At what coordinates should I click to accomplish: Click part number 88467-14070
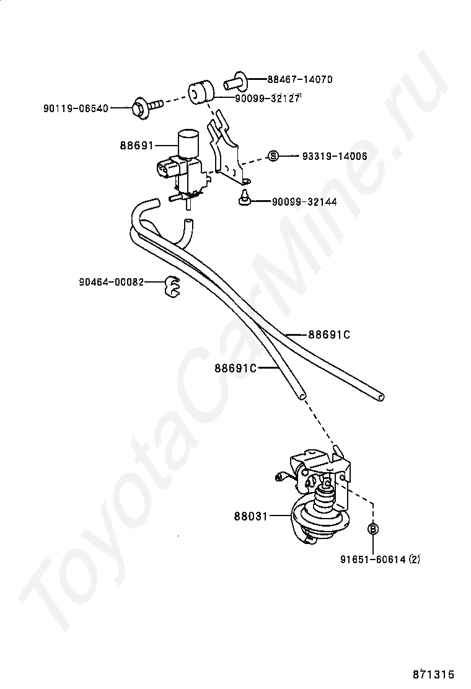point(300,79)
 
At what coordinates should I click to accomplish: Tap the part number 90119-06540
point(76,108)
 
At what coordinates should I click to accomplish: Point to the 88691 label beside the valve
point(136,146)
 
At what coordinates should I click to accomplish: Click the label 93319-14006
point(335,156)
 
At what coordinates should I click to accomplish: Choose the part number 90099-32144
point(304,202)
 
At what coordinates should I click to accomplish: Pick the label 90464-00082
point(111,282)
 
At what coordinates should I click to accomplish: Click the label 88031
point(250,516)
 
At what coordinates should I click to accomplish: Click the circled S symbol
point(273,156)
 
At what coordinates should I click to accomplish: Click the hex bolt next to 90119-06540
point(143,107)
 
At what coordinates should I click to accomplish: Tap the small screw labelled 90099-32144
point(245,200)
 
